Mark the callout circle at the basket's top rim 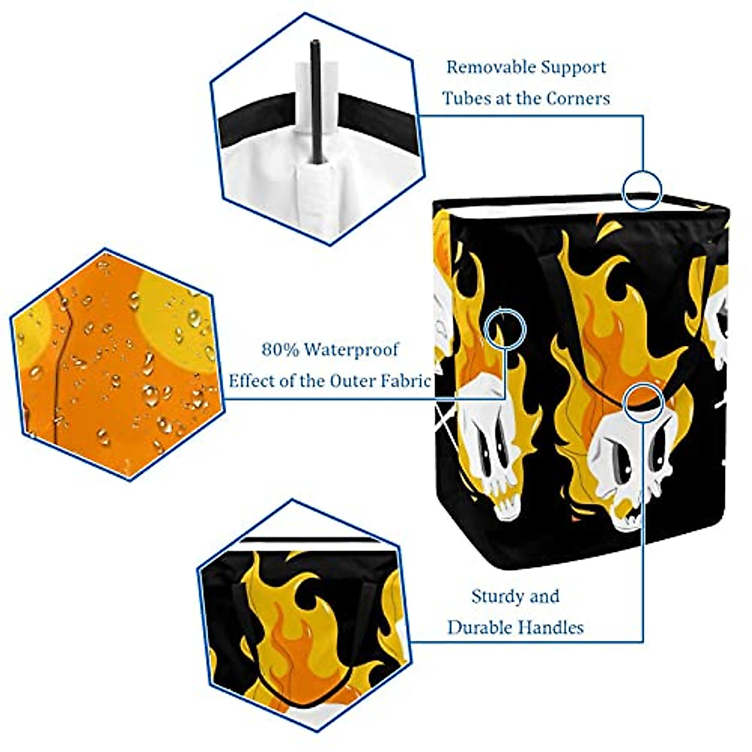pyautogui.click(x=642, y=190)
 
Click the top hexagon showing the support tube pyautogui.click(x=316, y=128)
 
